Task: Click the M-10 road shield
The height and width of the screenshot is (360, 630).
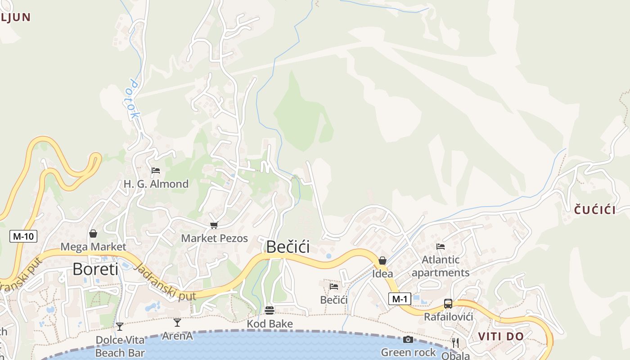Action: pos(23,236)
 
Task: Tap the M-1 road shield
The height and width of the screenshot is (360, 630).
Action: pos(400,299)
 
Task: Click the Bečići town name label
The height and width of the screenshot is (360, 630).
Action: pos(288,247)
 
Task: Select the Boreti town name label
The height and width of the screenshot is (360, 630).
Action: pos(95,269)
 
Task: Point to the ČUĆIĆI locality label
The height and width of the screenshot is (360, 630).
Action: pos(595,209)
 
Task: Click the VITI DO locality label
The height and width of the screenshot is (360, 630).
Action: pos(501,337)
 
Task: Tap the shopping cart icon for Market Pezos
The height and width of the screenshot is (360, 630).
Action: pos(214,225)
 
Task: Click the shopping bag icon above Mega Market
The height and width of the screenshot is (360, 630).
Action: pos(93,234)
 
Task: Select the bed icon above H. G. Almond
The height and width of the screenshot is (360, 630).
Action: pos(156,171)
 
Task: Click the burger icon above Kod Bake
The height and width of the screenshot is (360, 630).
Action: pos(270,310)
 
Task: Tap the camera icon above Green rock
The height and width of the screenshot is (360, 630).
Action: pos(408,339)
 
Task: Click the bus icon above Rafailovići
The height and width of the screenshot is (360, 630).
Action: pos(448,304)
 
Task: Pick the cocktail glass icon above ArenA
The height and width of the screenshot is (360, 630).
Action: pos(177,322)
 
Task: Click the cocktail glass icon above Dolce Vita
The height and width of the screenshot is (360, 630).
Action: pos(120,326)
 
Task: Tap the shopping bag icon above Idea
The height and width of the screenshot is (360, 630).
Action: pos(382,261)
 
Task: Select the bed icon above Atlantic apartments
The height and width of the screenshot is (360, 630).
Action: pos(441,246)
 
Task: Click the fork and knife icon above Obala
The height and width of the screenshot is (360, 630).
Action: pos(455,343)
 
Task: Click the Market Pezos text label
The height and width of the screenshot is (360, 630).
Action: pos(215,238)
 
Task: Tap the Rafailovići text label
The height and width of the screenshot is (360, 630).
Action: pos(449,317)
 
